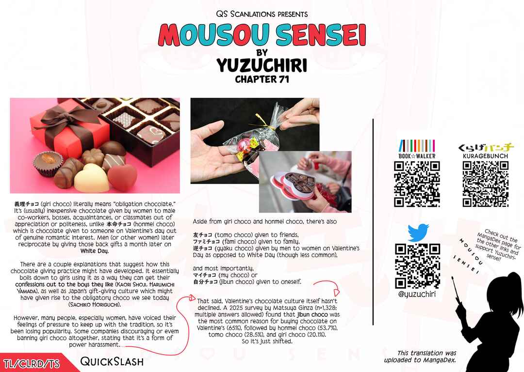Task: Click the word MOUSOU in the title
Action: click(213, 35)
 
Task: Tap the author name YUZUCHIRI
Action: click(262, 65)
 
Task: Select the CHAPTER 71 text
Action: click(262, 79)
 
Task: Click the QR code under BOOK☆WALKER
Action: click(417, 184)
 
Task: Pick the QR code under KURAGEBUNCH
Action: click(486, 184)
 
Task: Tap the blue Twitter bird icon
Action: click(418, 232)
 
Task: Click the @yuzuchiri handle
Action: click(417, 294)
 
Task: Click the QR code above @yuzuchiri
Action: click(417, 266)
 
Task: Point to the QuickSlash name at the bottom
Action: click(112, 361)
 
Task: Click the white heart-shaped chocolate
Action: click(91, 178)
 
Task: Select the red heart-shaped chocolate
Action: click(122, 177)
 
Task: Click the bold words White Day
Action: click(95, 251)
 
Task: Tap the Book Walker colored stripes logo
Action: click(417, 146)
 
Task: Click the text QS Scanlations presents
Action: click(262, 14)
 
